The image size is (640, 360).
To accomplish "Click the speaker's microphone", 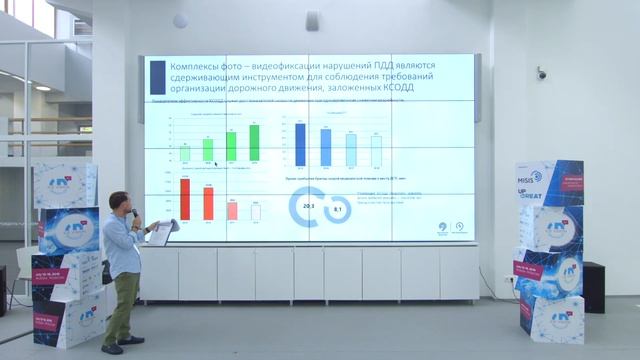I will point(136,212).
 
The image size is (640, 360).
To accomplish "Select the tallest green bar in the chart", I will point(254,142).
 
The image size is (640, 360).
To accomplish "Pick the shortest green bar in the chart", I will point(185,153).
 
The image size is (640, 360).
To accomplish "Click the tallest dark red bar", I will point(185,198).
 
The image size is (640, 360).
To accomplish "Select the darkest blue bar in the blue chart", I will point(300,145).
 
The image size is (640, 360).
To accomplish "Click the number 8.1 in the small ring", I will point(338,210).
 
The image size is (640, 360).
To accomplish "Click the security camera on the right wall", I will point(542,73).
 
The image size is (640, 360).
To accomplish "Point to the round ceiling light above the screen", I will point(180,21).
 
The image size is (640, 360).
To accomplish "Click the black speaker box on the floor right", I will point(593,287).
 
